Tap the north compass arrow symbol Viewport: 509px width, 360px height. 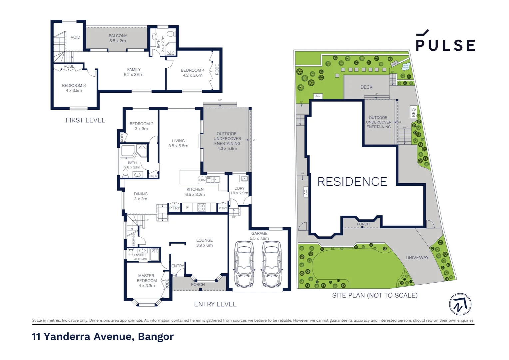pyautogui.click(x=460, y=304)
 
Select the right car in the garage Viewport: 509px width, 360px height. pyautogui.click(x=271, y=264)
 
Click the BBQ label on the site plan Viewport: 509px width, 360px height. pyautogui.click(x=413, y=112)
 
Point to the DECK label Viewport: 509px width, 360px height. pyautogui.click(x=366, y=87)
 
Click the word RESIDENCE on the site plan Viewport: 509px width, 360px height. pyautogui.click(x=352, y=182)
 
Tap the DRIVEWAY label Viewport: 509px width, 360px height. pyautogui.click(x=417, y=258)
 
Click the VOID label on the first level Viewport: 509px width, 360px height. pyautogui.click(x=75, y=37)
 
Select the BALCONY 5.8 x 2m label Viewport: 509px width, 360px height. pyautogui.click(x=118, y=38)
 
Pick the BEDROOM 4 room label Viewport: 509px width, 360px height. pyautogui.click(x=193, y=73)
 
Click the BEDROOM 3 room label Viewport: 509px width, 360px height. pyautogui.click(x=74, y=88)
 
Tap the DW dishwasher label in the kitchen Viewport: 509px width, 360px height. pyautogui.click(x=202, y=180)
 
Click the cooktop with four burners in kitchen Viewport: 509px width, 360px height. pyautogui.click(x=202, y=207)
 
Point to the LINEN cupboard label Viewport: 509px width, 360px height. pyautogui.click(x=153, y=176)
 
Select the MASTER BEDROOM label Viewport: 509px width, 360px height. pyautogui.click(x=147, y=281)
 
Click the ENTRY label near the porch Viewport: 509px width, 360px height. pyautogui.click(x=178, y=266)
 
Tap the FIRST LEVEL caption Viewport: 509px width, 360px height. pyautogui.click(x=85, y=120)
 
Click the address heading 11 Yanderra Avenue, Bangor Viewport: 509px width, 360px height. pyautogui.click(x=103, y=337)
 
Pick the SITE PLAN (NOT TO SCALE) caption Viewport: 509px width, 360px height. pyautogui.click(x=374, y=295)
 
